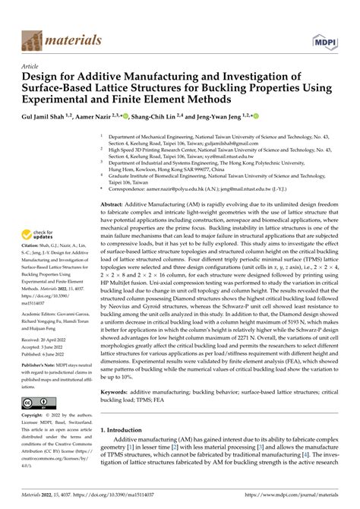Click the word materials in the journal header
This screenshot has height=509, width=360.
click(74, 40)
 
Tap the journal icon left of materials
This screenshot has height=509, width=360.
click(34, 40)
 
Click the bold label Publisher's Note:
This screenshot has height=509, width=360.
click(40, 387)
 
